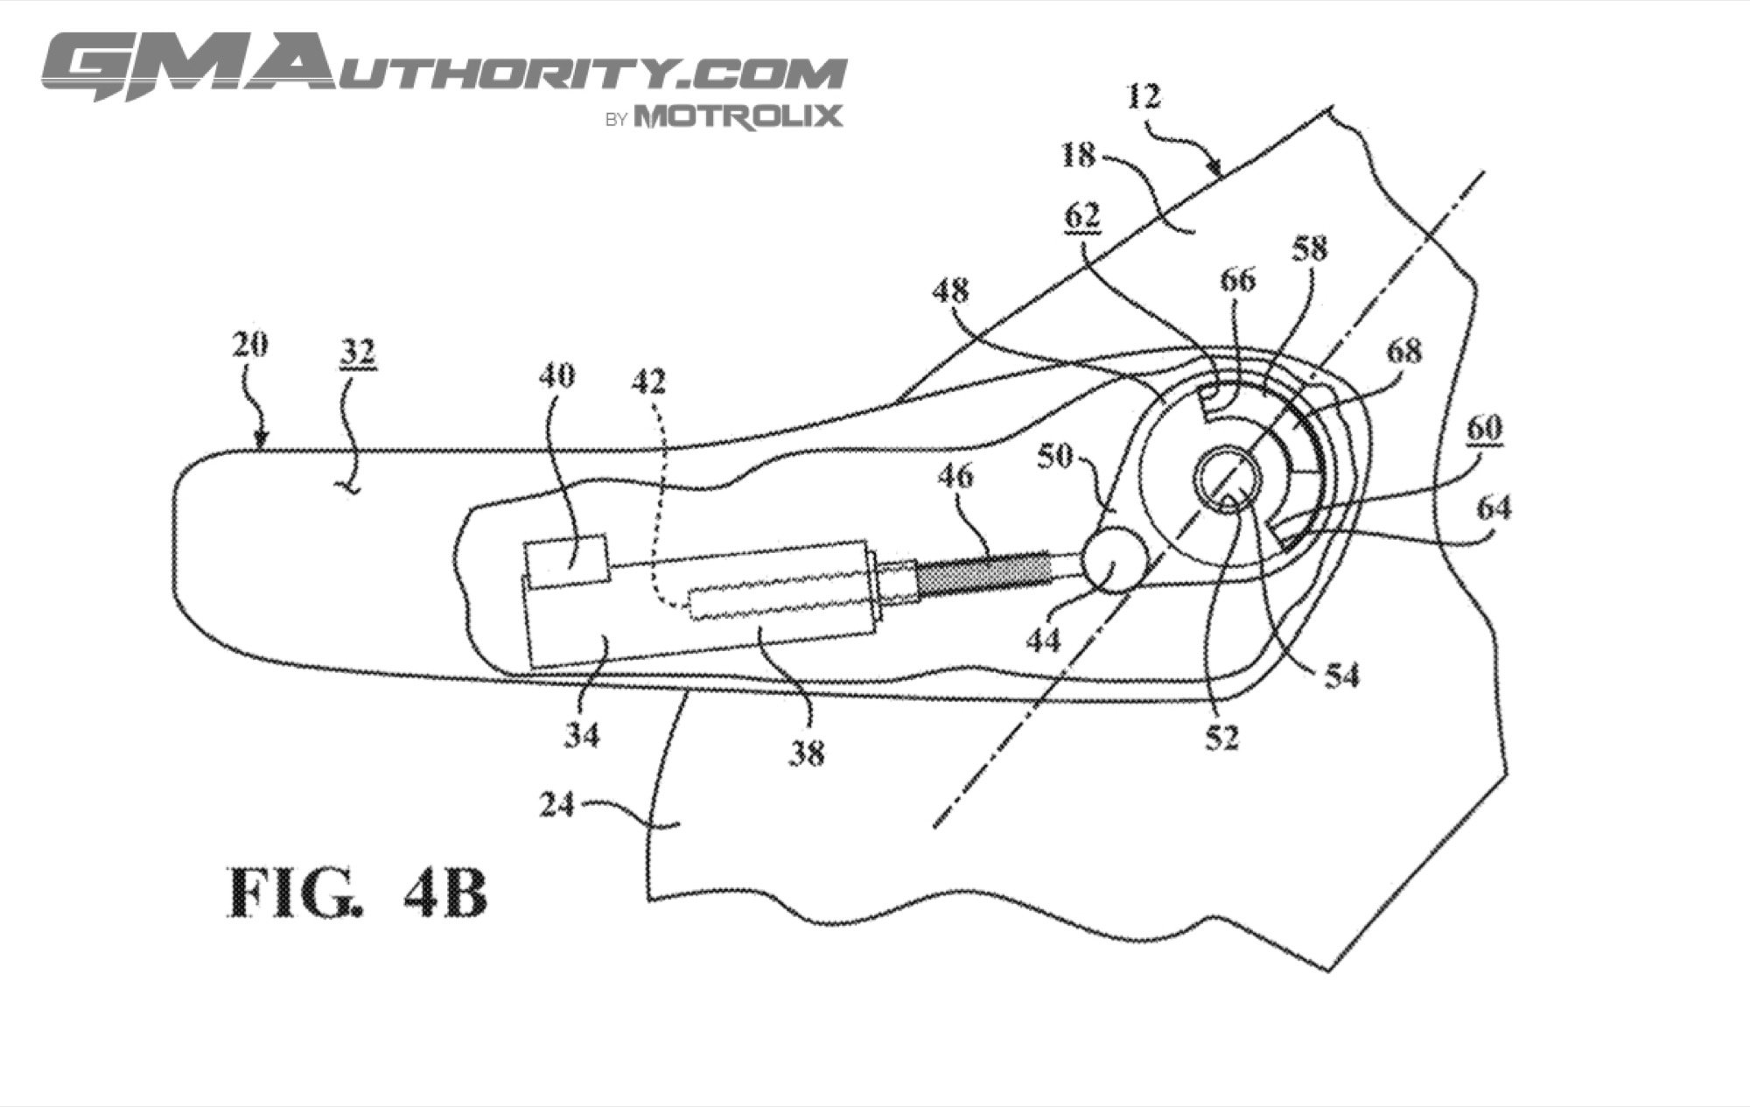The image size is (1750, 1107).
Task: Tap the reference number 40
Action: click(557, 375)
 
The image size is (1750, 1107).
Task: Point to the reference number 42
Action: click(648, 382)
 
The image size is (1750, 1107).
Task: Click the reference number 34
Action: click(580, 735)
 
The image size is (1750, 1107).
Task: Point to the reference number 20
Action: click(250, 346)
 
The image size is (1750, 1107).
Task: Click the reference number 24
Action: click(557, 804)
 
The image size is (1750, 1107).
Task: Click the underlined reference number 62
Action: click(1081, 216)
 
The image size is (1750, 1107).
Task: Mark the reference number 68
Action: click(1403, 352)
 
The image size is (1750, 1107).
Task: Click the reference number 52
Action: click(1221, 739)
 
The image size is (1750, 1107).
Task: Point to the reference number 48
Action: click(950, 291)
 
